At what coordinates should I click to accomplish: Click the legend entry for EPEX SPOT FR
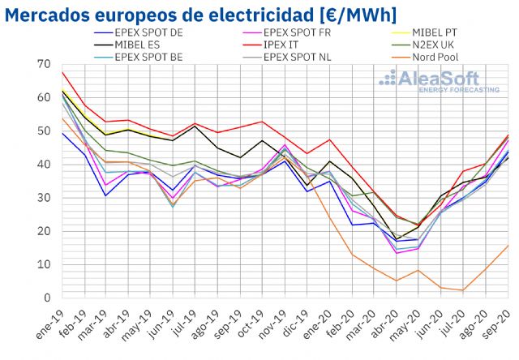[x=280, y=32]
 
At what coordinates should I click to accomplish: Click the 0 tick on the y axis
[x=47, y=298]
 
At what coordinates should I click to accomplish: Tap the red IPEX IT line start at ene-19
[x=62, y=72]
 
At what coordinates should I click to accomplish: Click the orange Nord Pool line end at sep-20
[x=508, y=245]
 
